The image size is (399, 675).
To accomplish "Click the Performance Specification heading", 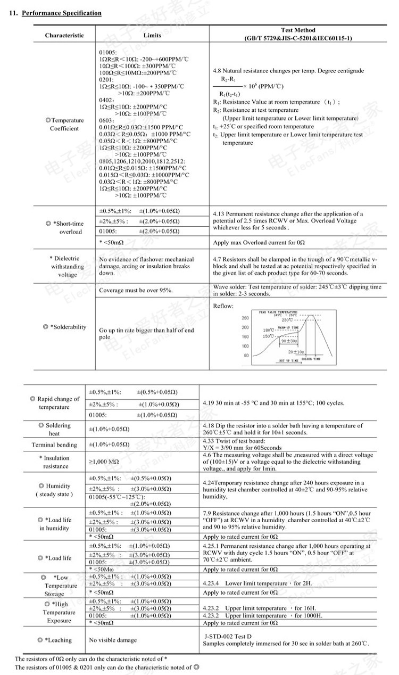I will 61,13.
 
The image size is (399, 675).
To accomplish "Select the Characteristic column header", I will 64,36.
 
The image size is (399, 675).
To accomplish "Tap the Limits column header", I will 152,36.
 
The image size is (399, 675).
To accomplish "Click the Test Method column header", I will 298,34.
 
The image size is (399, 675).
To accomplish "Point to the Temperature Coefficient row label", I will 64,125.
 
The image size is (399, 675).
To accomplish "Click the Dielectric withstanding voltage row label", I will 64,266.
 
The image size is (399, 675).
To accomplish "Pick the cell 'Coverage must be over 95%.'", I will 136,291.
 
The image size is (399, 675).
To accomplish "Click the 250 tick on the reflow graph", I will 245,318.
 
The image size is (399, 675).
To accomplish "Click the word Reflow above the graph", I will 223,306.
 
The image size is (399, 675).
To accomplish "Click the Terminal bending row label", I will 54,445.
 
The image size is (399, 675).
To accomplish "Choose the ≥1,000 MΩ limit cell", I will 104,462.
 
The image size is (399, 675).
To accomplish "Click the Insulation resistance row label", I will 56,462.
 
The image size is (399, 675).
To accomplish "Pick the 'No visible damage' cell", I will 112,640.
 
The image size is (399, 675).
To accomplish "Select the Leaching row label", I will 55,640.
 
